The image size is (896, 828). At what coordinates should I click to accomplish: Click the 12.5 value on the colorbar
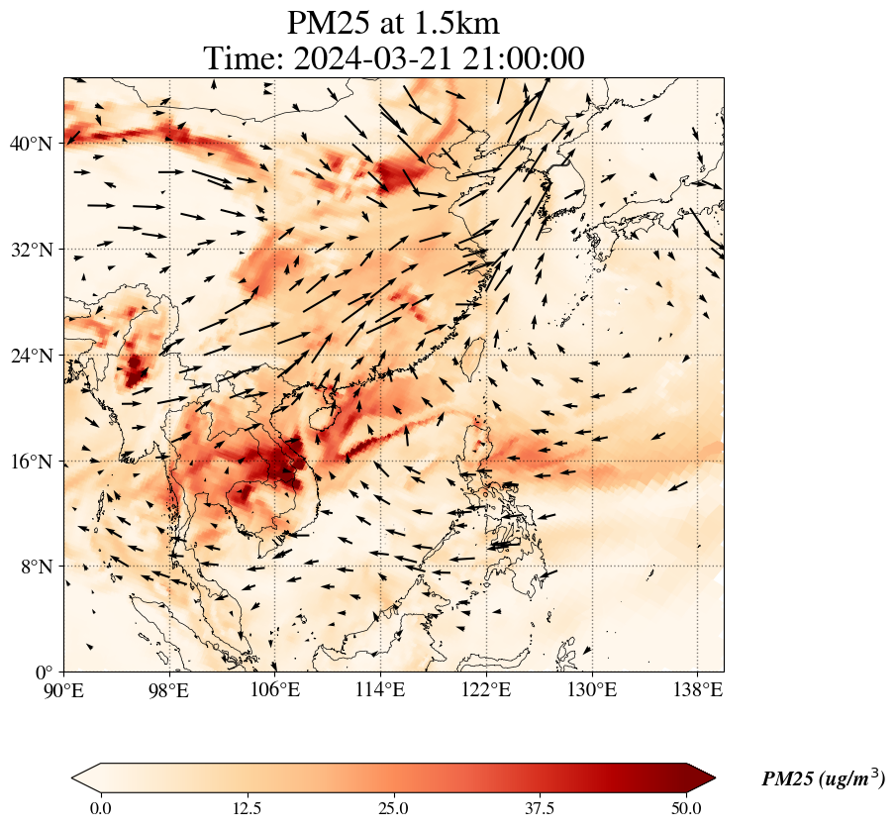click(x=247, y=808)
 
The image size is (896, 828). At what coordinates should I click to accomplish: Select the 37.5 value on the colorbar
click(x=540, y=808)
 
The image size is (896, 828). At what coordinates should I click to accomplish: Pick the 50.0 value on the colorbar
click(x=686, y=808)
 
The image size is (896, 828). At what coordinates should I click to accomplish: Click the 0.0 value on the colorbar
click(x=100, y=808)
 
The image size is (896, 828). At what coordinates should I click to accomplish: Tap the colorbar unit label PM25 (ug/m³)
click(x=823, y=779)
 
